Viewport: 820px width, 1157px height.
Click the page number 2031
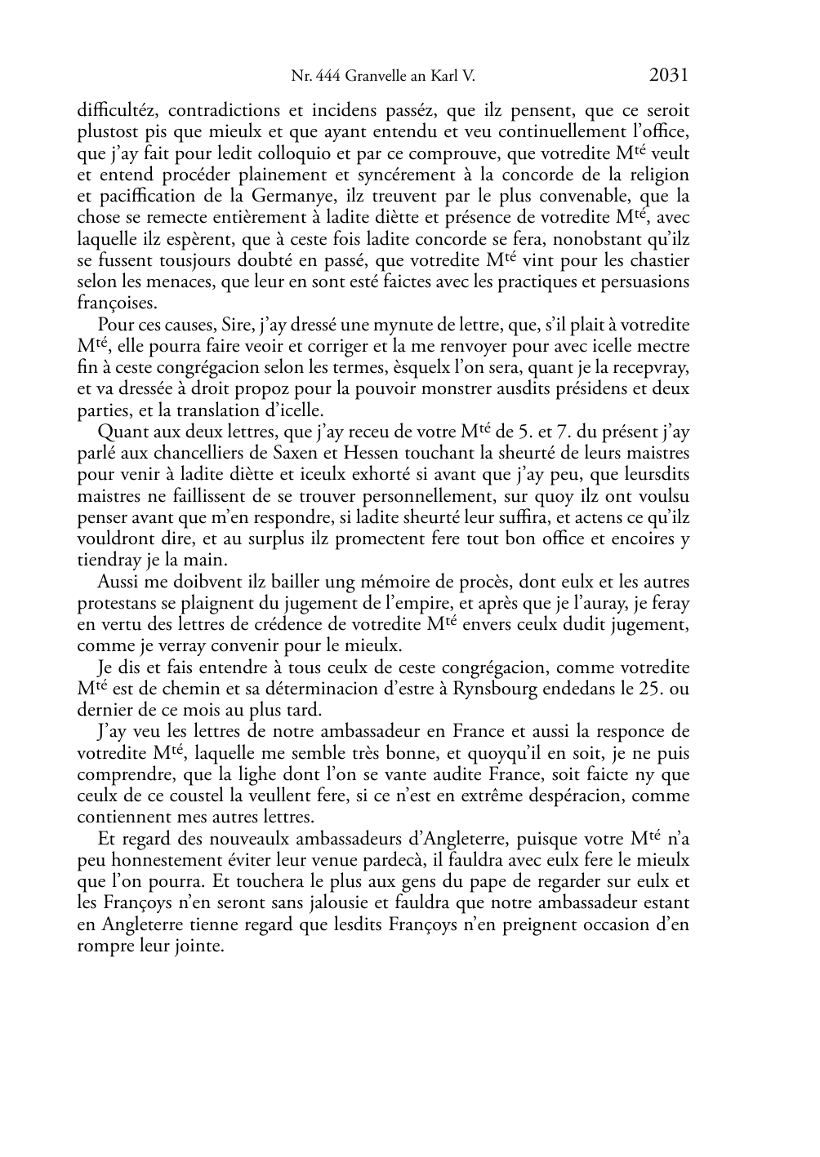click(669, 76)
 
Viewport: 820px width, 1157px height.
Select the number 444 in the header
click(328, 77)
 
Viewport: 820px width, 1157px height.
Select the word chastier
click(657, 261)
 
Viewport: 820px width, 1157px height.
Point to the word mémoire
click(355, 582)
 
